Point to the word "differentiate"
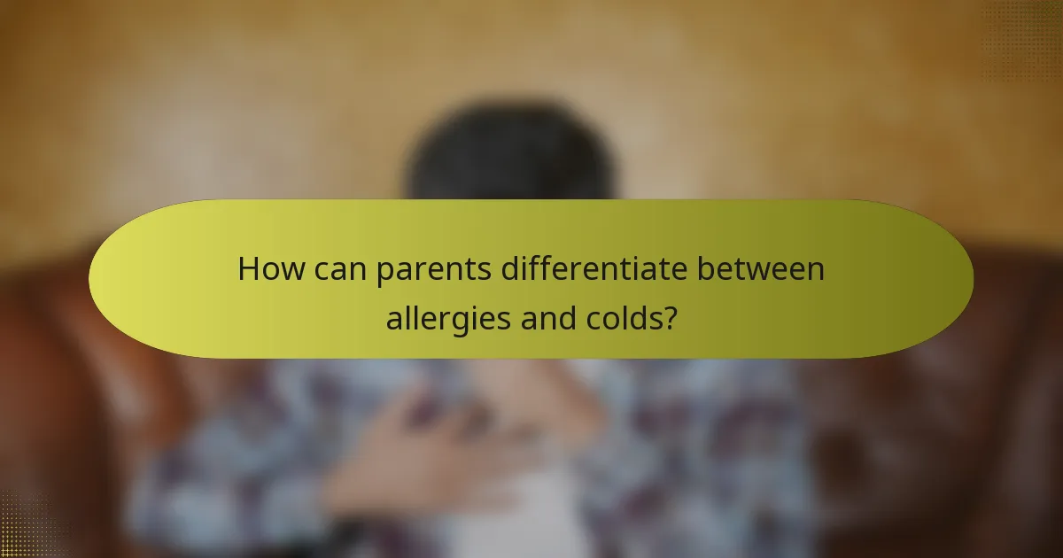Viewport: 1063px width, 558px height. (x=600, y=269)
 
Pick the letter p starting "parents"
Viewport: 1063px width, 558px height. (x=383, y=272)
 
